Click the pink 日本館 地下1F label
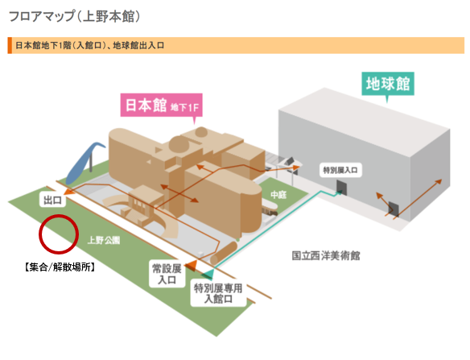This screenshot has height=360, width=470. point(161,105)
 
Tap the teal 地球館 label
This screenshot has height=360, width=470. point(388,84)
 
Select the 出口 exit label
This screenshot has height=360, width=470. point(52,200)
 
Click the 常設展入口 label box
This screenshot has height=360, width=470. point(167,274)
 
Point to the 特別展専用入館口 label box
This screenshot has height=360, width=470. point(218,293)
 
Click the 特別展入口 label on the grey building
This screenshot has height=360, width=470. point(340,171)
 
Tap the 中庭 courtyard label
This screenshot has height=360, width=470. point(278,195)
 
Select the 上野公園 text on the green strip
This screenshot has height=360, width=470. point(104,240)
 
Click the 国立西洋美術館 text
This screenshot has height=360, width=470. point(326,255)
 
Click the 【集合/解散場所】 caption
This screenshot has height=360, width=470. point(60,267)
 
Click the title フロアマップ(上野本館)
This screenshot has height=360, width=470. point(74,16)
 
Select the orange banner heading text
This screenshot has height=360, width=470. point(89,45)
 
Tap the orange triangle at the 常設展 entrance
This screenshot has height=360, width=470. point(191,265)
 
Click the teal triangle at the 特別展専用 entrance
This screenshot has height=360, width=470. point(208,274)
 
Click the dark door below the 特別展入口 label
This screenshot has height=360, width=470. point(341,187)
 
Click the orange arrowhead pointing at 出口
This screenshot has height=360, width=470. point(68,192)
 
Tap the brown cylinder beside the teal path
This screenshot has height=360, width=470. point(224,253)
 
